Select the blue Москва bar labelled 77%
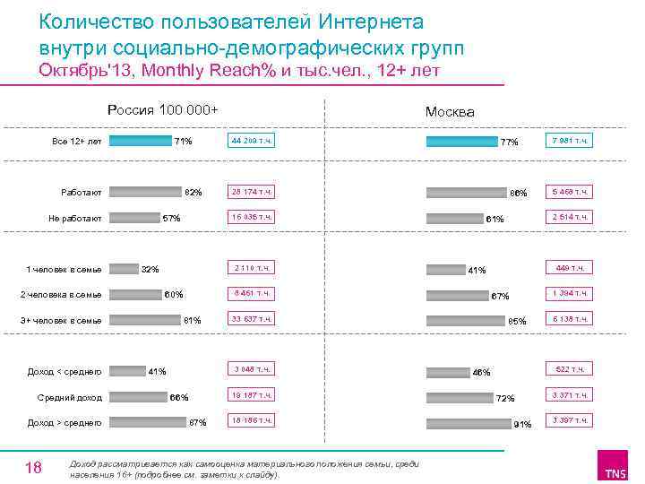(x=462, y=141)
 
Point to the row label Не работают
(x=77, y=218)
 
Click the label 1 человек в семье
(x=64, y=269)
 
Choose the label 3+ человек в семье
(x=61, y=321)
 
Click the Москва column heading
(x=450, y=112)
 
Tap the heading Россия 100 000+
(x=162, y=110)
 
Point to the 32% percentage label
(x=150, y=270)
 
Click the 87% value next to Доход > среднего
(x=198, y=423)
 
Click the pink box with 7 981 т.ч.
(x=571, y=141)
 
